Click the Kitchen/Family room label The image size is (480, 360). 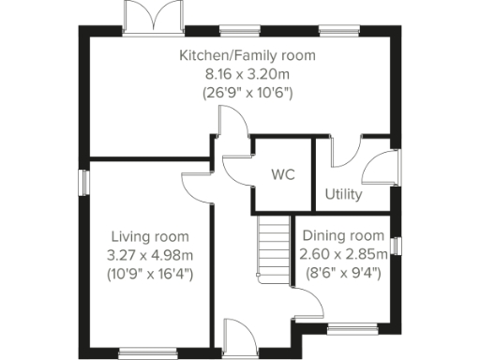tap(247, 56)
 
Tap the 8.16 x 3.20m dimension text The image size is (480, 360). tap(247, 74)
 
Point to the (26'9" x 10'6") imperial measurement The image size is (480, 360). tap(247, 93)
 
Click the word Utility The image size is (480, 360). tap(344, 195)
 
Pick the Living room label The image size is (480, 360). tap(150, 236)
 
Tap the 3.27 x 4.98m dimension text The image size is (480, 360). tap(150, 255)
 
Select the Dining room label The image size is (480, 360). tap(341, 235)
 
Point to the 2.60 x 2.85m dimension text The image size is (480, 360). tap(341, 254)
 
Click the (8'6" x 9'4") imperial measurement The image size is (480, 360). tap(341, 273)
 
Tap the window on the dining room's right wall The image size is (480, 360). tap(397, 246)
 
